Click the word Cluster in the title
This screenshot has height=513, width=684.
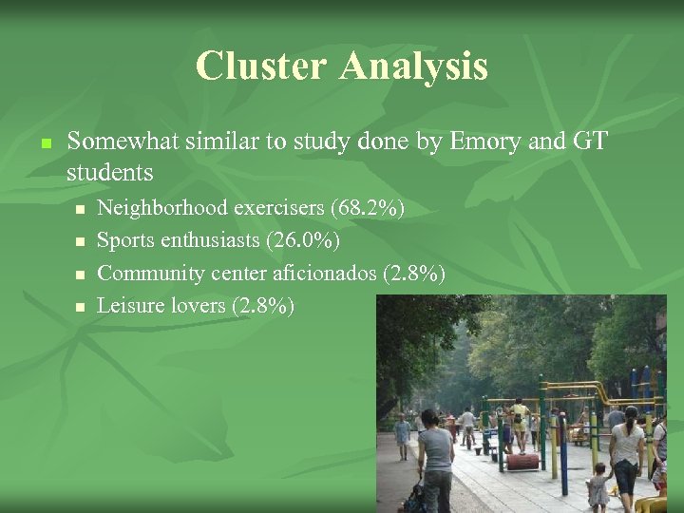260,66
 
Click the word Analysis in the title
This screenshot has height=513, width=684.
413,66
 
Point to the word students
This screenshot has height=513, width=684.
109,172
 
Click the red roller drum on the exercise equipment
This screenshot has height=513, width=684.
522,461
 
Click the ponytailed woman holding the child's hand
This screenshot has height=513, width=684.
627,451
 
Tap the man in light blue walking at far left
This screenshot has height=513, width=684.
403,436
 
